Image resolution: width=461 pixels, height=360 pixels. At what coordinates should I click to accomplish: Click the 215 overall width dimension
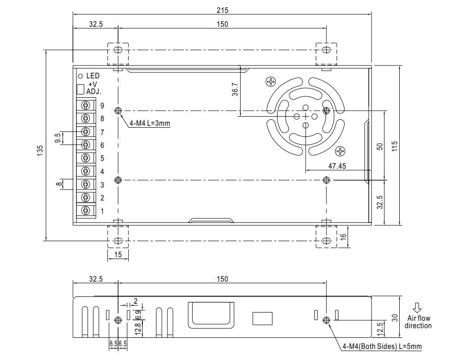[x=222, y=10]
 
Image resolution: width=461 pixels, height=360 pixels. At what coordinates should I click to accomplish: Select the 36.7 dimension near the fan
[x=235, y=89]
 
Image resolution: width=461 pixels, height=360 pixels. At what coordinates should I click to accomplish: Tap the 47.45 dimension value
[x=337, y=165]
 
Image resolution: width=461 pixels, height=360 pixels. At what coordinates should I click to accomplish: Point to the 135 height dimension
[x=40, y=150]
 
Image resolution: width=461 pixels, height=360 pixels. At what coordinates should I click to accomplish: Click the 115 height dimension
[x=395, y=146]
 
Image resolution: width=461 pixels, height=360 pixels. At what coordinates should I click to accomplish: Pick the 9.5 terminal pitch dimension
[x=57, y=138]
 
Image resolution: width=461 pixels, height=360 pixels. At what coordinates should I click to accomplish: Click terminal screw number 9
[x=86, y=106]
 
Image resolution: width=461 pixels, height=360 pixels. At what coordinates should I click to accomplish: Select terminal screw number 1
[x=86, y=211]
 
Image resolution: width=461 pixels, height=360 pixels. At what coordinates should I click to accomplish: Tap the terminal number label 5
[x=102, y=158]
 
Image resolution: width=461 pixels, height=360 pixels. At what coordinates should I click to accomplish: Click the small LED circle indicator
[x=80, y=76]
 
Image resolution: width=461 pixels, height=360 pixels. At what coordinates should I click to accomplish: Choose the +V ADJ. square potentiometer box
[x=80, y=89]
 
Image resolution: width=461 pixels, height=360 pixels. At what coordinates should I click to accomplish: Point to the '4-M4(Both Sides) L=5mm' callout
[x=382, y=347]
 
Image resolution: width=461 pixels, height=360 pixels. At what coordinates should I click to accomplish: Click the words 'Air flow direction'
[x=418, y=322]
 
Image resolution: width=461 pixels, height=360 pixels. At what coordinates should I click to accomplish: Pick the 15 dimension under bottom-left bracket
[x=118, y=255]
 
